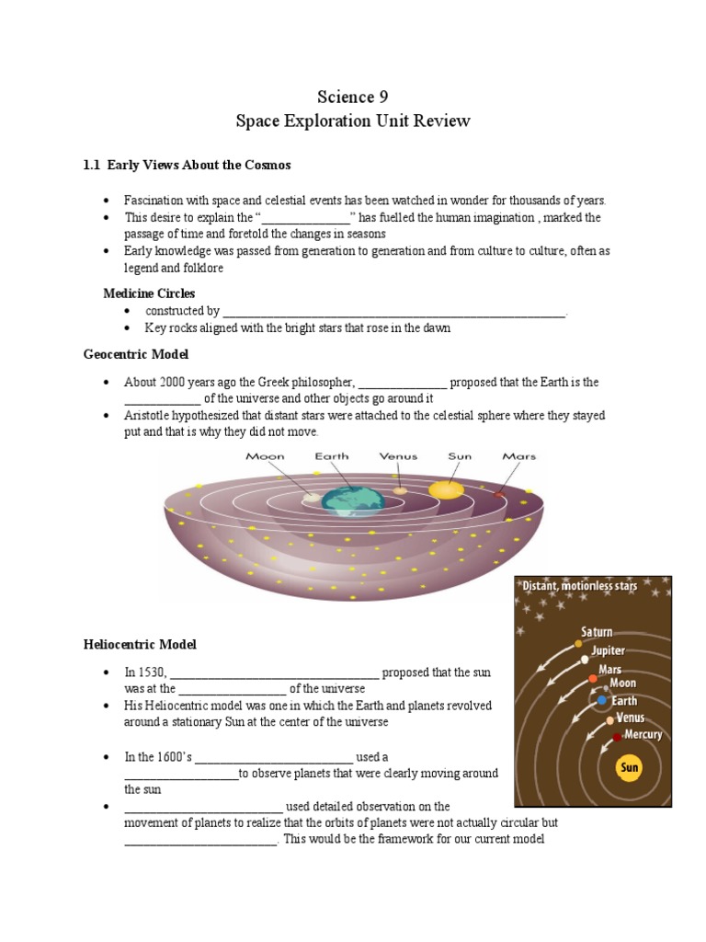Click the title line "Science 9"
point(346,98)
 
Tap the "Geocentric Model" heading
point(136,353)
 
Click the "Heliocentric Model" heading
point(140,645)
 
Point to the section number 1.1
point(91,165)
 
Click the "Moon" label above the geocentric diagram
point(265,456)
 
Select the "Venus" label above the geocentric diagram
point(398,456)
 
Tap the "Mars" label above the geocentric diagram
point(518,456)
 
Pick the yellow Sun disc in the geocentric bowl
point(447,489)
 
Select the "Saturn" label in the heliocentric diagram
point(596,632)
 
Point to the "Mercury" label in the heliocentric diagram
point(643,735)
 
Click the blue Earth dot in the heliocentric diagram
point(601,700)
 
